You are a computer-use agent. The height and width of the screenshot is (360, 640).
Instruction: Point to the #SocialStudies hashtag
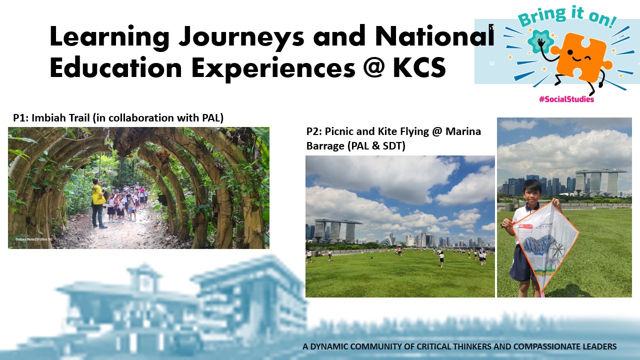566,99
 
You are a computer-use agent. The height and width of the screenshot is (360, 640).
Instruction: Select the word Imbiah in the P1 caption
49,118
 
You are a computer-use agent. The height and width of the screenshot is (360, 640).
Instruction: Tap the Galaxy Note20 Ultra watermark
34,240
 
